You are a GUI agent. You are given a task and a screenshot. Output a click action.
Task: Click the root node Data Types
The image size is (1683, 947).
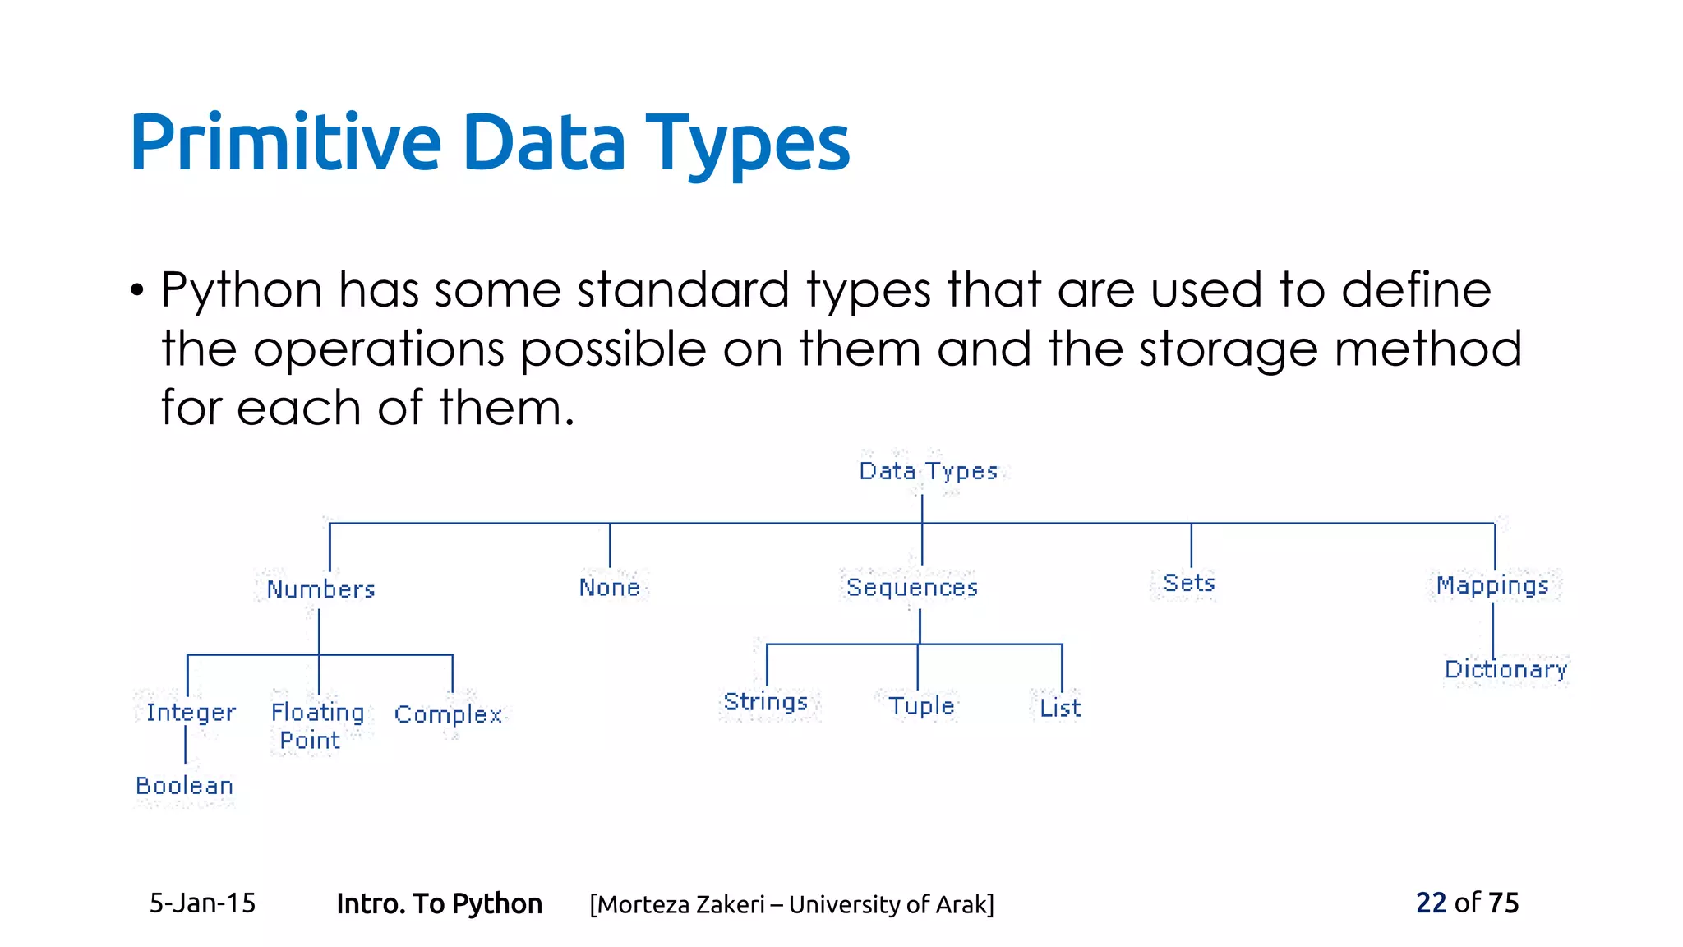928,471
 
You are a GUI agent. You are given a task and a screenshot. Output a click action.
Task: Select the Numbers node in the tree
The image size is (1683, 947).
320,589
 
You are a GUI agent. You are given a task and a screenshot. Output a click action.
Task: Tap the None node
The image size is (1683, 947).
609,588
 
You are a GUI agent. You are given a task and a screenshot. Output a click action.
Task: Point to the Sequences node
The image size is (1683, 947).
912,588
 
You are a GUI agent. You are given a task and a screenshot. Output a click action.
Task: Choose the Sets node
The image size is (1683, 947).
1188,584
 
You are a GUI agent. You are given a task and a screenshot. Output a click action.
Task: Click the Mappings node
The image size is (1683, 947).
1492,585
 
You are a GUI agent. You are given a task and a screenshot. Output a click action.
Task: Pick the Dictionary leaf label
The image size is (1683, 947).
1505,669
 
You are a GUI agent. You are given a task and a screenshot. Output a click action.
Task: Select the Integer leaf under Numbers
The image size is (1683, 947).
191,713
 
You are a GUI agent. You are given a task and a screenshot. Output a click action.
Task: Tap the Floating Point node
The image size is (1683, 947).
317,726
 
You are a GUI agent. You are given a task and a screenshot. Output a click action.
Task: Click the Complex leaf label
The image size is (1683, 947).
448,714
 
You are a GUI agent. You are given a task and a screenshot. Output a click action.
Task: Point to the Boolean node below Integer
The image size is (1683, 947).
185,786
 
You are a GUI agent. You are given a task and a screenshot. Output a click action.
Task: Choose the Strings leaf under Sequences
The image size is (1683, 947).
766,702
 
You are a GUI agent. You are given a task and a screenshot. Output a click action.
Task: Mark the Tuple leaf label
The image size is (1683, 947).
921,706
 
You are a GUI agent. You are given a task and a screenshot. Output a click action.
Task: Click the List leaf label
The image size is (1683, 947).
1060,708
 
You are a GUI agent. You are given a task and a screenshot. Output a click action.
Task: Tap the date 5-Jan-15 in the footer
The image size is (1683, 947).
202,903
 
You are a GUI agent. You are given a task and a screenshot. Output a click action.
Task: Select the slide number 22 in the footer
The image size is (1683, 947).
1431,903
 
